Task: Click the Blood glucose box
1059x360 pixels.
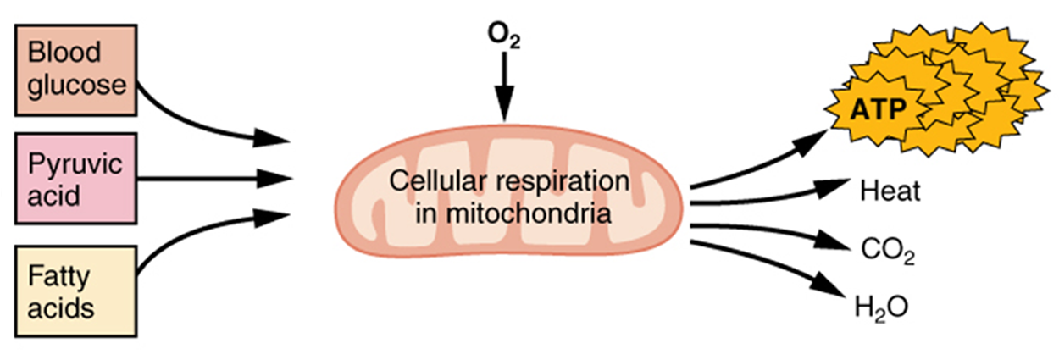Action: pyautogui.click(x=76, y=70)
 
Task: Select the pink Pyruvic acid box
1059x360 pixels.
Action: pyautogui.click(x=76, y=179)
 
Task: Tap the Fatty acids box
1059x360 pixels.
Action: pyautogui.click(x=76, y=291)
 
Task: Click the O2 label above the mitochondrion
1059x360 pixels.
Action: pyautogui.click(x=504, y=36)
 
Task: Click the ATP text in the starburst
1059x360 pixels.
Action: pyautogui.click(x=878, y=109)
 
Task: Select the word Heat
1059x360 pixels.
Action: pyautogui.click(x=890, y=191)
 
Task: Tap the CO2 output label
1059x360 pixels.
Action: pyautogui.click(x=888, y=251)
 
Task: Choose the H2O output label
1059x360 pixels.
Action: pyautogui.click(x=881, y=308)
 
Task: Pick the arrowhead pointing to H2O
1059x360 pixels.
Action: pyautogui.click(x=828, y=285)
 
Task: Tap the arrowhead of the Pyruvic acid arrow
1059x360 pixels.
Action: pyautogui.click(x=274, y=179)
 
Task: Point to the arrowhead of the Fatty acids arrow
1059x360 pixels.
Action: pyautogui.click(x=271, y=218)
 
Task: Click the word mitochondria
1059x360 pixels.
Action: pyautogui.click(x=529, y=213)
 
